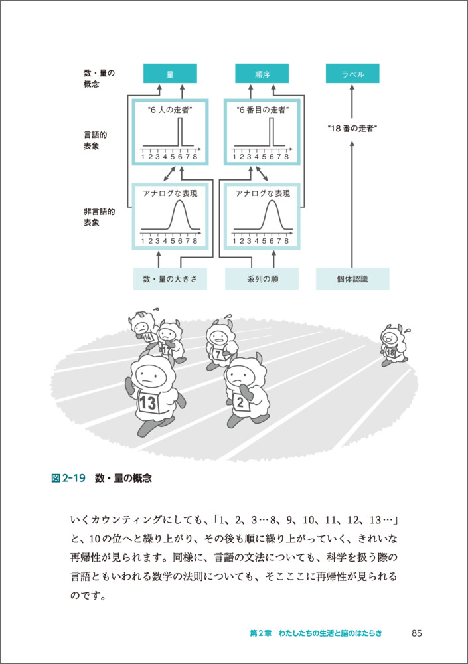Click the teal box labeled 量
(170, 74)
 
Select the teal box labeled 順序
(262, 74)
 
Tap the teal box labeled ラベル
(352, 74)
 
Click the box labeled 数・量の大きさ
(170, 279)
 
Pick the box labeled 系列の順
(262, 279)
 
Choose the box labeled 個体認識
(352, 279)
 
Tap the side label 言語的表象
(96, 140)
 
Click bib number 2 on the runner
(240, 402)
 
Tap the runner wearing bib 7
(220, 345)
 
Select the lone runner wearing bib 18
(392, 345)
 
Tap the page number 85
(417, 633)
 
